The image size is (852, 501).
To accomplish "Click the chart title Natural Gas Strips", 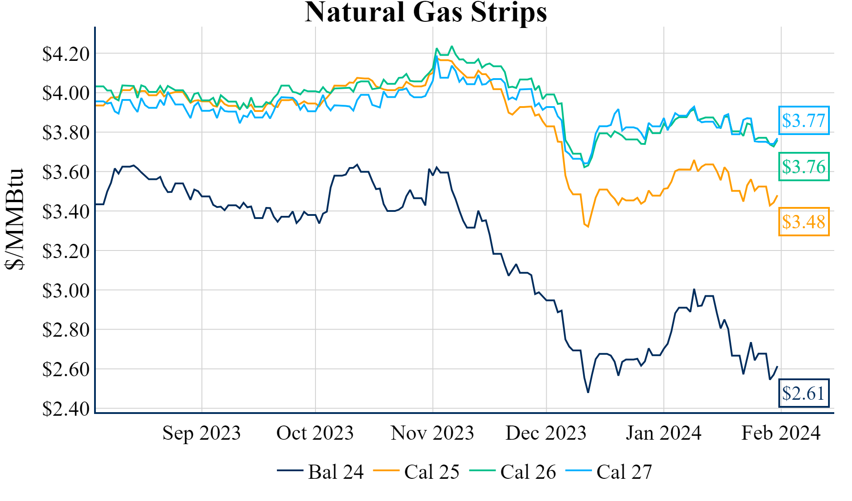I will pos(426,12).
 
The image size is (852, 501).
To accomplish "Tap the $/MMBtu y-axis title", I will pos(15,219).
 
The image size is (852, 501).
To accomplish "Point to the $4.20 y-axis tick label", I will pos(66,54).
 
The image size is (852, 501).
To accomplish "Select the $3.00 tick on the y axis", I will pos(66,291).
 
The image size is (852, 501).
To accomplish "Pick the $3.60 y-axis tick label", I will pos(66,172).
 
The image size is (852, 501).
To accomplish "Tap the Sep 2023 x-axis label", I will pos(201,433).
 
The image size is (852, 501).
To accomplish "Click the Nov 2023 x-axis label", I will pos(432,433).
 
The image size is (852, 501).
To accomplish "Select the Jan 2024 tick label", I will pos(663,433).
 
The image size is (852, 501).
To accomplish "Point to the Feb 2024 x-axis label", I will pos(781,433).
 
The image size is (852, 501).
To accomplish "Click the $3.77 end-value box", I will pos(804,120).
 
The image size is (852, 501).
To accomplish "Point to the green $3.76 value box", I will pos(804,167).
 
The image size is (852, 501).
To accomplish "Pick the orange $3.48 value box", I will pos(804,222).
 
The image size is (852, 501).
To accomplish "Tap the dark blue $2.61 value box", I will pos(804,393).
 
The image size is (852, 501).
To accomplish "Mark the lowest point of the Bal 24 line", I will pos(588,392).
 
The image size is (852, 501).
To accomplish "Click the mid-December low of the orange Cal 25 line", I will pos(588,227).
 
